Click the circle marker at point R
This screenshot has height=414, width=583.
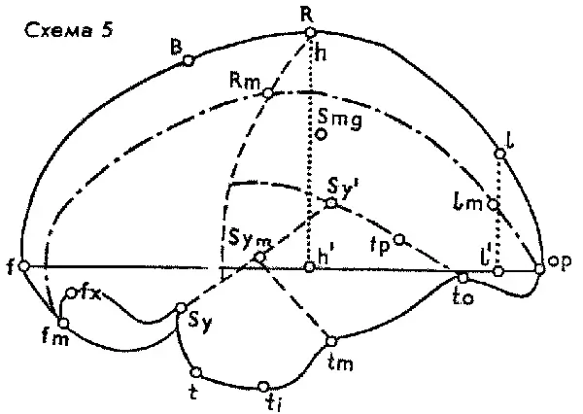309,33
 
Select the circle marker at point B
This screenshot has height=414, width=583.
189,60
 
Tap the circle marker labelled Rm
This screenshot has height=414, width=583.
268,93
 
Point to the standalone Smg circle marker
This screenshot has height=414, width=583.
321,134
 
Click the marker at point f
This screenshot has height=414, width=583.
24,266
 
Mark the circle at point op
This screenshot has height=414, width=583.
539,268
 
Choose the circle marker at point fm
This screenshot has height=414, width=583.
63,323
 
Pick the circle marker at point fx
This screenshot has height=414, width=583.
71,293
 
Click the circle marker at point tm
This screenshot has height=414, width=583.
331,341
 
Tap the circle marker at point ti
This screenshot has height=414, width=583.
263,386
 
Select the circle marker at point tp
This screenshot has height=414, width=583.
399,239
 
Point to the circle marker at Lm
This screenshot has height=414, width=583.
493,204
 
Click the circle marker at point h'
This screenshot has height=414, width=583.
309,266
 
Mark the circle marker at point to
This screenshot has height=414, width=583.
463,278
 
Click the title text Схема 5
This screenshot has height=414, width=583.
69,30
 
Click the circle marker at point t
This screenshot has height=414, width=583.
196,372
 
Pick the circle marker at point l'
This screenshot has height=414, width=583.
498,271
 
